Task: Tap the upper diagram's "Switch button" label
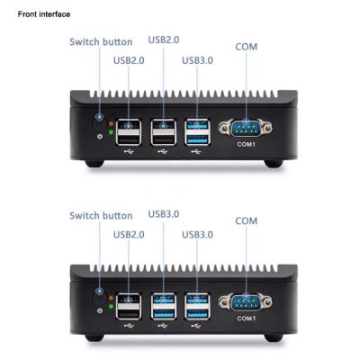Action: (101, 41)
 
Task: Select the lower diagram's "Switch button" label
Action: (101, 215)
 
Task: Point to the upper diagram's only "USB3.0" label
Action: (198, 60)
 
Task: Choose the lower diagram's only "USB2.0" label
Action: (129, 234)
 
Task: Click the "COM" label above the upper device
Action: (247, 46)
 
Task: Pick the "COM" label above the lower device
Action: (247, 220)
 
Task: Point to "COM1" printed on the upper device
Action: (245, 144)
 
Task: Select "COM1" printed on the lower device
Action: (245, 318)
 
